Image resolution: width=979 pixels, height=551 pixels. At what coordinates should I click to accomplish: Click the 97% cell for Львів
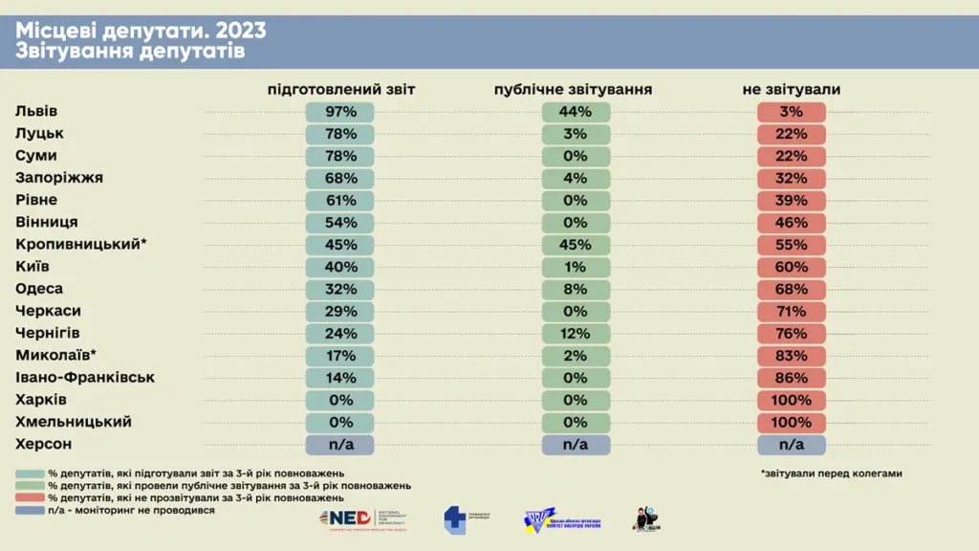[340, 112]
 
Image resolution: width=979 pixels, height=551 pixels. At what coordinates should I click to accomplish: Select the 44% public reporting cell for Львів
[577, 112]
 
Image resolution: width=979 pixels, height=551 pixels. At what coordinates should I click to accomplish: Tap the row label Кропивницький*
[81, 245]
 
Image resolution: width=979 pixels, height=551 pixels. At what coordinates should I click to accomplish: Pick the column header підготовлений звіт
[340, 89]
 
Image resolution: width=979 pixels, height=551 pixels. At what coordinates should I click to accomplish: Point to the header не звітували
[791, 89]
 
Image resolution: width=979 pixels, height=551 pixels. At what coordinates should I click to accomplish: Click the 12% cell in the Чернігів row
[577, 334]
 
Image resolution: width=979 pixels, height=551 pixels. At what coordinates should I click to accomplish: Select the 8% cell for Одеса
[577, 289]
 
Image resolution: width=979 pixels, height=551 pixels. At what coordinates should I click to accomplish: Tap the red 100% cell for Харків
[791, 400]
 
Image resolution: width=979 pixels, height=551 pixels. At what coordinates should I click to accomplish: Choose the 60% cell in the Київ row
[791, 267]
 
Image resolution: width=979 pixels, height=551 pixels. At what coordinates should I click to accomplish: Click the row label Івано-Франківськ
[85, 378]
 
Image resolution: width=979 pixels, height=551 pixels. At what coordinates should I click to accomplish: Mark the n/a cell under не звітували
[791, 445]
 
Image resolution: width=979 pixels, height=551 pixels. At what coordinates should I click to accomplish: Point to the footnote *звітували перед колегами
[832, 474]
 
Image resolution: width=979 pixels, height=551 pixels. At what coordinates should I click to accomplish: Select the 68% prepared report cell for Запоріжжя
[340, 178]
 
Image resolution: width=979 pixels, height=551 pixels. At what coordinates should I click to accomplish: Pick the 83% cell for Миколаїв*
[791, 356]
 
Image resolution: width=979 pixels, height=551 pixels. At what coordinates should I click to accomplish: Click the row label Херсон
[44, 445]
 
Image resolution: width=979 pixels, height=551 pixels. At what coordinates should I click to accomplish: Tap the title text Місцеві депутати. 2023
[141, 31]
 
